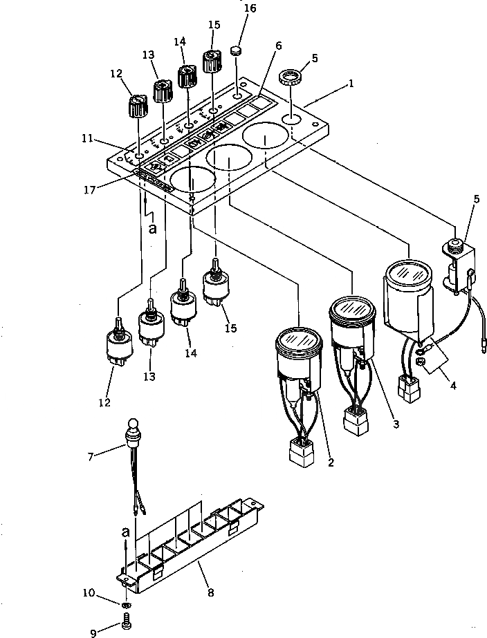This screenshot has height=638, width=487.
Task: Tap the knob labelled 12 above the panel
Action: point(137,107)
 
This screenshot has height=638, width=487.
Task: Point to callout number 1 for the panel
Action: point(351,84)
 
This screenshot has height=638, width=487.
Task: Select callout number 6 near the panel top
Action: point(278,46)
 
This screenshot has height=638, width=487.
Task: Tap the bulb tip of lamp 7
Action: point(133,423)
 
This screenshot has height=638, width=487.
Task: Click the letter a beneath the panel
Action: point(152,228)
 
